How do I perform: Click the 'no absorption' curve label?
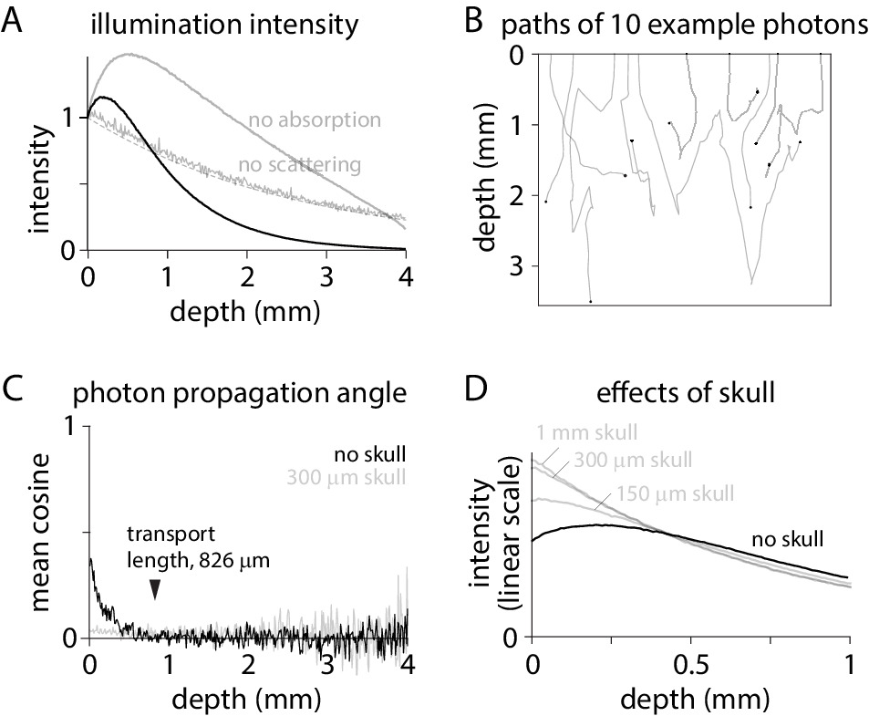pyautogui.click(x=314, y=119)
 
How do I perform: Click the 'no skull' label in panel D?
pyautogui.click(x=788, y=538)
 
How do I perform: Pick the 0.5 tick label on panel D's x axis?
pyautogui.click(x=690, y=663)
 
